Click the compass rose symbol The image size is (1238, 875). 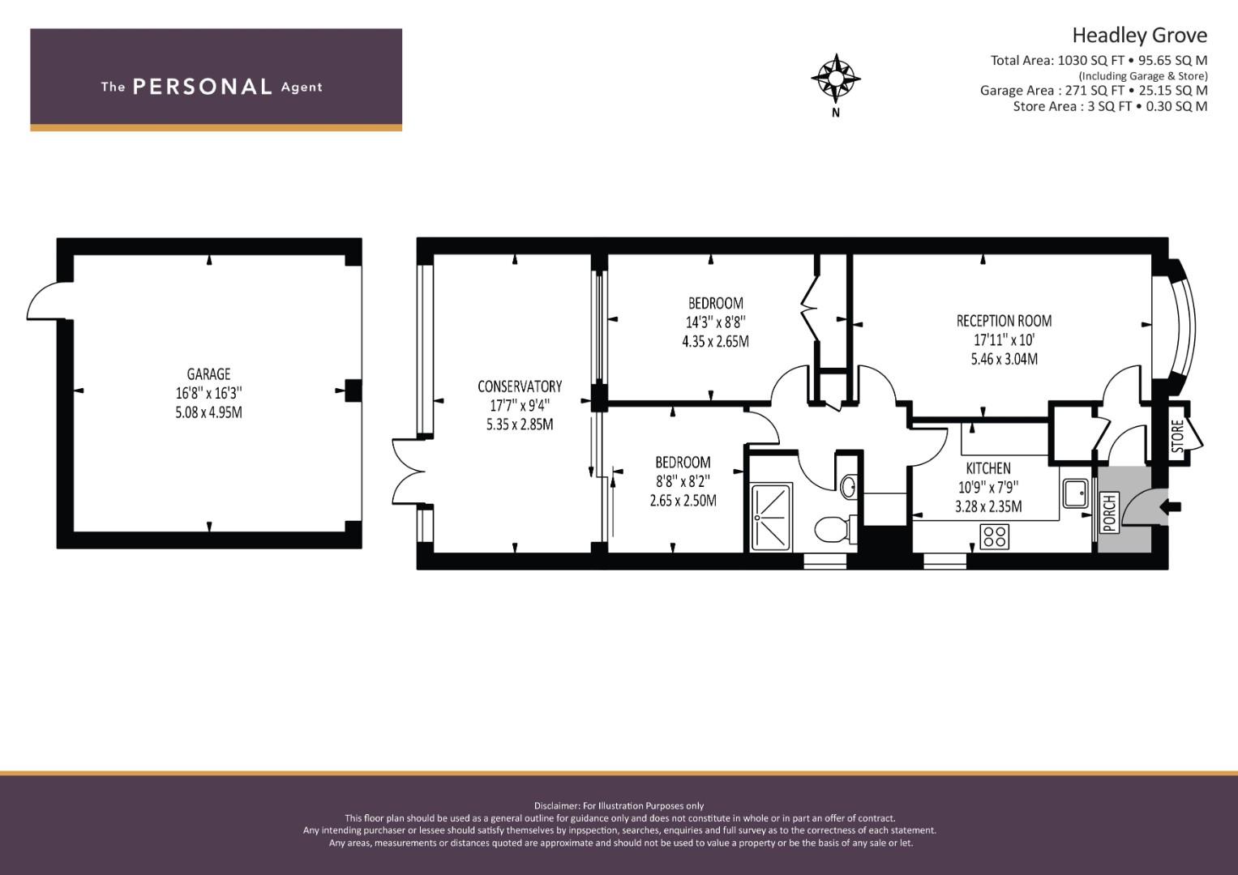(x=835, y=79)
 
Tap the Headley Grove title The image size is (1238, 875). (x=1139, y=36)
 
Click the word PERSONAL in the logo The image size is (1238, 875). (x=202, y=87)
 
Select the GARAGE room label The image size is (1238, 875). (x=208, y=374)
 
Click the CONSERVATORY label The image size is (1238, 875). (x=519, y=386)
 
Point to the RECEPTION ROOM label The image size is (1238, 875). (x=1004, y=321)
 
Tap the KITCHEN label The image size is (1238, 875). (x=988, y=468)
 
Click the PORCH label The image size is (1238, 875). (x=1109, y=512)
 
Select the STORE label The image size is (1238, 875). (x=1178, y=435)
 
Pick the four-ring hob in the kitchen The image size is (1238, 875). (x=994, y=536)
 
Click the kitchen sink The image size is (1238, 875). (x=1077, y=492)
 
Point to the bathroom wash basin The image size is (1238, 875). (x=848, y=486)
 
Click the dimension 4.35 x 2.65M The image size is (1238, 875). (x=715, y=341)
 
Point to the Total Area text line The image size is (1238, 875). (x=1099, y=60)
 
